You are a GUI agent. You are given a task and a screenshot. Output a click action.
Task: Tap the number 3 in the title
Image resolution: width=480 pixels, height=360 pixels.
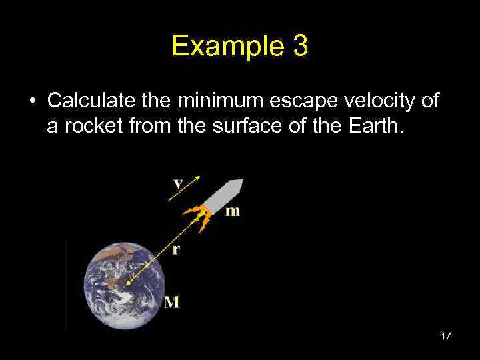tap(299, 46)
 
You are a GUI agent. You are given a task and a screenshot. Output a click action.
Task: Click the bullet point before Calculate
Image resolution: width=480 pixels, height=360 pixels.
tap(32, 101)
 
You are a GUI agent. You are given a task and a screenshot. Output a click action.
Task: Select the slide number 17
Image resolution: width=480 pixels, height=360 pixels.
tap(445, 336)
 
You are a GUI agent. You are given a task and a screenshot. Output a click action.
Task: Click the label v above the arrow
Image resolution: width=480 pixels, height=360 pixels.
tap(178, 183)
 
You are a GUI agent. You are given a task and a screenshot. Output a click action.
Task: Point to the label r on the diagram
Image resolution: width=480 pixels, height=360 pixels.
tap(176, 249)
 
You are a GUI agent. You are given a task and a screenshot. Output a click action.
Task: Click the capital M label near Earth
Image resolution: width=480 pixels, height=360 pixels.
tap(171, 302)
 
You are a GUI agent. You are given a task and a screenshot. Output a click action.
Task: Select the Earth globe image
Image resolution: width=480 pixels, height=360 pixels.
tap(123, 285)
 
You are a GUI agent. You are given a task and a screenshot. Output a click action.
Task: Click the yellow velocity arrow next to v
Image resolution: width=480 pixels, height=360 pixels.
tap(185, 189)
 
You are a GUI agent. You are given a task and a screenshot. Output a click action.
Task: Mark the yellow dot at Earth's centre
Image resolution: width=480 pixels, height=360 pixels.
tap(128, 283)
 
